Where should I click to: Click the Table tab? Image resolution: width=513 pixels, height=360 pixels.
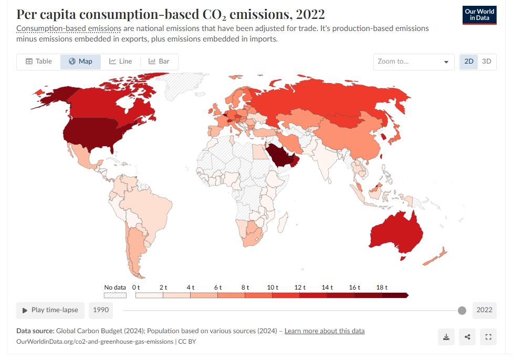pyautogui.click(x=38, y=61)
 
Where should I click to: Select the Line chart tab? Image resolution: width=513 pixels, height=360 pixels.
pyautogui.click(x=120, y=61)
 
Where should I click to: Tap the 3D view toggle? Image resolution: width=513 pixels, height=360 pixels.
pyautogui.click(x=486, y=61)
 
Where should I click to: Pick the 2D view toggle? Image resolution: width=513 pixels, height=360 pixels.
pyautogui.click(x=469, y=61)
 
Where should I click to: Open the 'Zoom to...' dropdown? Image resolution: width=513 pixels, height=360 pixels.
pyautogui.click(x=414, y=61)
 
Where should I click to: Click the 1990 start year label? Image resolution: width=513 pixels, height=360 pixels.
pyautogui.click(x=101, y=310)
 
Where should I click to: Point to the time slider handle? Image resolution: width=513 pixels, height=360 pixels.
pyautogui.click(x=462, y=310)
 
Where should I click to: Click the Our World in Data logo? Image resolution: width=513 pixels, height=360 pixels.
pyautogui.click(x=479, y=15)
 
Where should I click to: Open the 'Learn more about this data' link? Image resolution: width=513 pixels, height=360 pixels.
pyautogui.click(x=324, y=331)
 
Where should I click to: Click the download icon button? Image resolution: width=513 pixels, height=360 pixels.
pyautogui.click(x=446, y=337)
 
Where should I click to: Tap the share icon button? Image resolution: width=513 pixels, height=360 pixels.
pyautogui.click(x=467, y=337)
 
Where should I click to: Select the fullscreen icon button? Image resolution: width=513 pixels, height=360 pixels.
pyautogui.click(x=488, y=337)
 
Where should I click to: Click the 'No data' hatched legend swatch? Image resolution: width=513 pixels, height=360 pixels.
pyautogui.click(x=115, y=295)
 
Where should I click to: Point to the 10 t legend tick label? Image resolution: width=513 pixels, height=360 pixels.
pyautogui.click(x=273, y=287)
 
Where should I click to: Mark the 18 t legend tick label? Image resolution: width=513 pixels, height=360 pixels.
pyautogui.click(x=382, y=287)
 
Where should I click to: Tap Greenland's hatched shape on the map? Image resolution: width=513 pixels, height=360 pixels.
pyautogui.click(x=181, y=86)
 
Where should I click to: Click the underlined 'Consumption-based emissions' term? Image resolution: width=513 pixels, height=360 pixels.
pyautogui.click(x=69, y=28)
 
